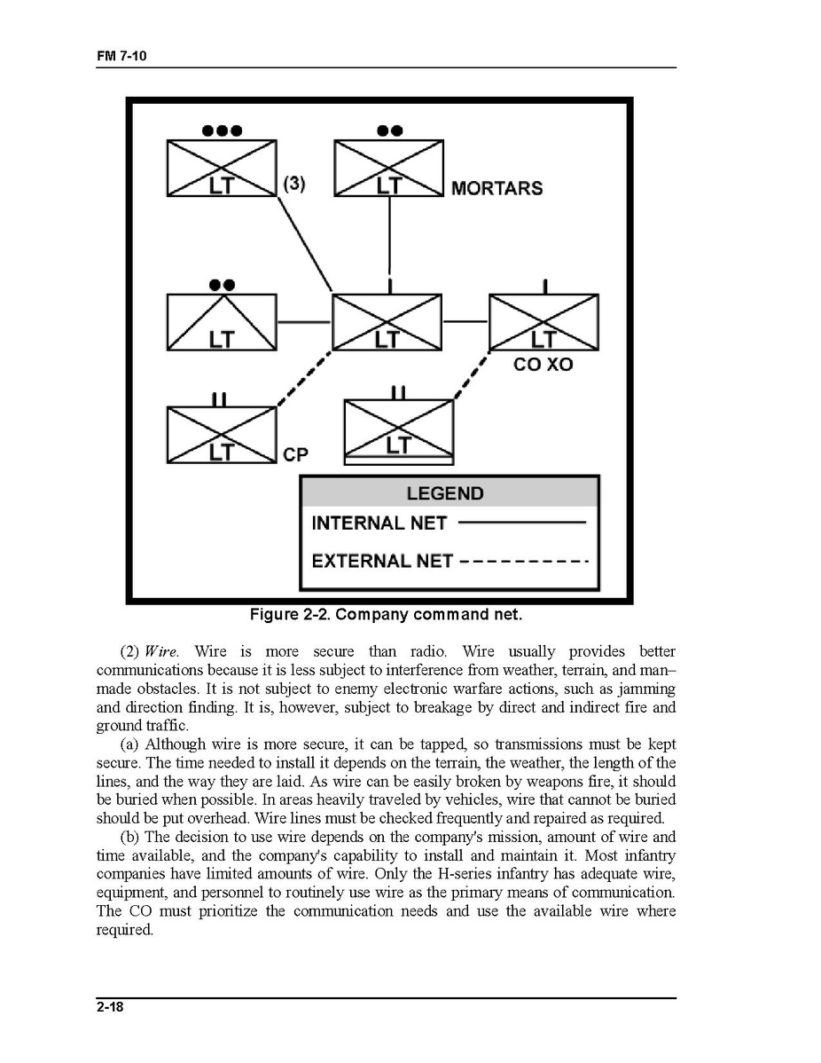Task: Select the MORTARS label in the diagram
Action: point(497,188)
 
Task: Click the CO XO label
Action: point(543,364)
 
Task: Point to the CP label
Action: point(295,454)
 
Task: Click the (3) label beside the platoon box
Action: point(294,184)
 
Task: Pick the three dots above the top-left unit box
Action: point(222,130)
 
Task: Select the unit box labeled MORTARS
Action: point(388,168)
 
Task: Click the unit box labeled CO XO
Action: point(543,323)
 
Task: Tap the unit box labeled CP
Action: point(222,435)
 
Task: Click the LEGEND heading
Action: point(445,493)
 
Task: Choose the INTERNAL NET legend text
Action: point(379,524)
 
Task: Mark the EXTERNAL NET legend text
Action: point(382,561)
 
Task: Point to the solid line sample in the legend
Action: point(522,523)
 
